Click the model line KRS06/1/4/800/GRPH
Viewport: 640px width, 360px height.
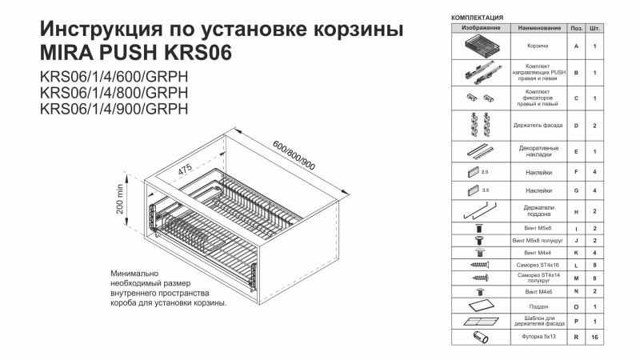coord(114,93)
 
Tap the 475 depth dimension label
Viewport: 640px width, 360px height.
coord(185,170)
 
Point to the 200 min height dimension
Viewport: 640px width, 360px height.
coord(119,198)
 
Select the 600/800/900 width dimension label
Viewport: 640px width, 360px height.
coord(294,155)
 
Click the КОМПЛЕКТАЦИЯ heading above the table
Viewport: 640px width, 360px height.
coord(477,18)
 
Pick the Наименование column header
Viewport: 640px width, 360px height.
coord(538,28)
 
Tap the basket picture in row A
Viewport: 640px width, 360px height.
coord(481,46)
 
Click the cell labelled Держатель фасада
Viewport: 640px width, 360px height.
coord(538,126)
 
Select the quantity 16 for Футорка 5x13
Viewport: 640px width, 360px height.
coord(594,337)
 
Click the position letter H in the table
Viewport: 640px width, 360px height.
coord(576,211)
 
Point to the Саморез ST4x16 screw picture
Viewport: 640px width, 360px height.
coord(480,265)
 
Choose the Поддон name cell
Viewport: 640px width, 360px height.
coord(538,306)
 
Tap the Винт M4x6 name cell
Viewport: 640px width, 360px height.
coord(538,292)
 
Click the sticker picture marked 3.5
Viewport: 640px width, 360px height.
coord(474,190)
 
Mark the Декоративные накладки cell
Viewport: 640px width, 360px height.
coord(538,151)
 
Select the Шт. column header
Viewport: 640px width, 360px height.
coord(594,28)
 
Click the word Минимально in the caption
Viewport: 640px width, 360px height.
coord(134,274)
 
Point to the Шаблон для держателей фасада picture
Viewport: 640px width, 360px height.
coord(481,322)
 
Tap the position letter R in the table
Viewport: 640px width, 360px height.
coord(576,337)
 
